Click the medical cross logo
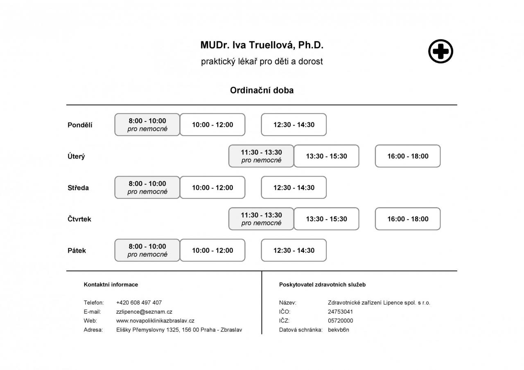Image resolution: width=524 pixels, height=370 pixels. click(x=441, y=51)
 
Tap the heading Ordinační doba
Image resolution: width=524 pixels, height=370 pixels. click(x=262, y=90)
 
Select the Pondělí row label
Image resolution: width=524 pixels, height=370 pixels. click(x=80, y=125)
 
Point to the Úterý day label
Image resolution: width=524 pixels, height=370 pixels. click(x=76, y=156)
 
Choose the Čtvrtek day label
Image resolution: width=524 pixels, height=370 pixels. click(x=79, y=219)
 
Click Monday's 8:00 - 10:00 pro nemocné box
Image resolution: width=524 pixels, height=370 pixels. click(x=147, y=125)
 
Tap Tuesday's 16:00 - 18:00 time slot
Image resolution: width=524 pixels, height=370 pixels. click(x=408, y=156)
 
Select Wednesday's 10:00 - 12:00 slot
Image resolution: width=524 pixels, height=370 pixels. click(x=212, y=187)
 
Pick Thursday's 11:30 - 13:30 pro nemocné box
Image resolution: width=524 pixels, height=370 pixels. click(x=261, y=219)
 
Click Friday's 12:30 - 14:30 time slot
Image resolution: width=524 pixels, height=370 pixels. click(x=294, y=250)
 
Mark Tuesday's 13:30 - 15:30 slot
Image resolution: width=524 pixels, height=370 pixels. click(x=326, y=156)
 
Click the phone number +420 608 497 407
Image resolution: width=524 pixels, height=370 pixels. click(x=139, y=303)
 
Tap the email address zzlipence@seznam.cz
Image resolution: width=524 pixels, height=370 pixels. click(x=144, y=312)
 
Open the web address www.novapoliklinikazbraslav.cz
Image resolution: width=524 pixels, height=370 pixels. click(x=155, y=321)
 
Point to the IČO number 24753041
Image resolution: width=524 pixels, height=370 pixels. click(x=340, y=312)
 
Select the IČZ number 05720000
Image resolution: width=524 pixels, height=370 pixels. click(x=340, y=321)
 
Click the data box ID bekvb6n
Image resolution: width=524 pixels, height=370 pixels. click(x=339, y=330)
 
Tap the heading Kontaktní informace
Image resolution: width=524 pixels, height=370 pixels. click(x=111, y=285)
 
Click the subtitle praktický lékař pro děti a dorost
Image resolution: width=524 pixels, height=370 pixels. click(x=262, y=61)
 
